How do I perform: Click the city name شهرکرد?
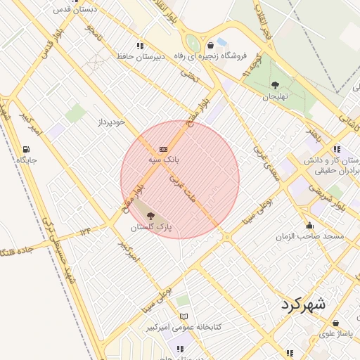(x=304, y=305)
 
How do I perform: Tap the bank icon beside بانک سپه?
(x=163, y=149)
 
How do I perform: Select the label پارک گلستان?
(x=151, y=229)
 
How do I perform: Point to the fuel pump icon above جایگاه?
(x=26, y=149)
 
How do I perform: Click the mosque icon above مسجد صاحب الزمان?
(x=309, y=226)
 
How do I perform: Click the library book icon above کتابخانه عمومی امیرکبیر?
(x=184, y=317)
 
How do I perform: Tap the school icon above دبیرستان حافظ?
(x=141, y=45)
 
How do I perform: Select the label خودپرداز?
(x=111, y=122)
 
